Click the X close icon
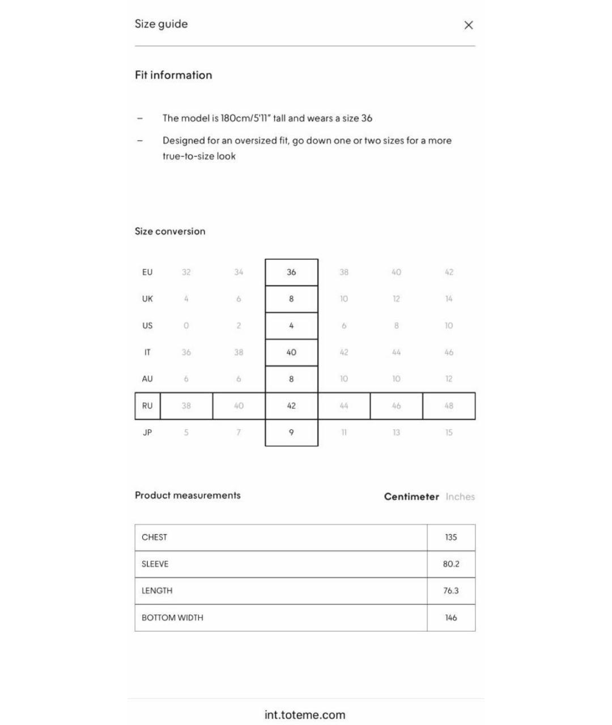pos(469,25)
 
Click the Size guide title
pos(161,24)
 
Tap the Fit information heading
pos(173,75)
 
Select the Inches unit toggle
pos(460,497)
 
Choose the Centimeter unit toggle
pos(411,497)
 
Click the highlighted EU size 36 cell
pos(291,272)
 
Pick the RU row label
pos(147,406)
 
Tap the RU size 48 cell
pos(449,406)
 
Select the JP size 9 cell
pos(291,433)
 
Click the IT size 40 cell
pos(291,352)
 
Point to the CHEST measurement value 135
pos(451,538)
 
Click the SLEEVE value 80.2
pos(451,564)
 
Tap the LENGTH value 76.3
pos(451,591)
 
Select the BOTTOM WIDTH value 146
pos(451,618)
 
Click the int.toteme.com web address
pos(305,715)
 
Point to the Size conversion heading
pos(170,231)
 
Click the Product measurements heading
pos(188,496)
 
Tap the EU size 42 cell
pos(449,272)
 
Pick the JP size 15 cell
pos(449,433)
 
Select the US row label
pos(147,326)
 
